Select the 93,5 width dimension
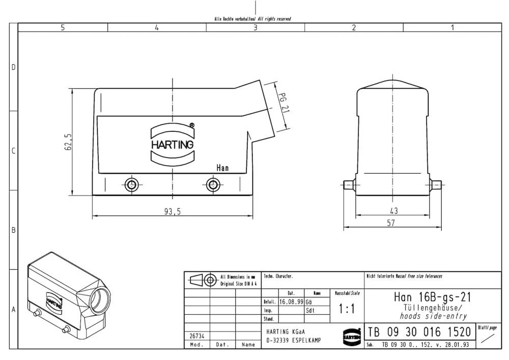tap(173, 212)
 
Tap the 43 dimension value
tap(394, 210)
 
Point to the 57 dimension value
tap(390, 223)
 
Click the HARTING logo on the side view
tap(173, 144)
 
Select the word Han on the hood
tap(222, 168)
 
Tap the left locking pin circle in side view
tap(131, 184)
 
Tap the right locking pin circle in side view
tap(213, 184)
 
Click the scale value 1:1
tap(347, 309)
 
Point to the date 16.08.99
tap(291, 301)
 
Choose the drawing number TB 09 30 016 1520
tap(419, 333)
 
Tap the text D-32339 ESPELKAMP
tap(294, 340)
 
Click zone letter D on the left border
tap(14, 67)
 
